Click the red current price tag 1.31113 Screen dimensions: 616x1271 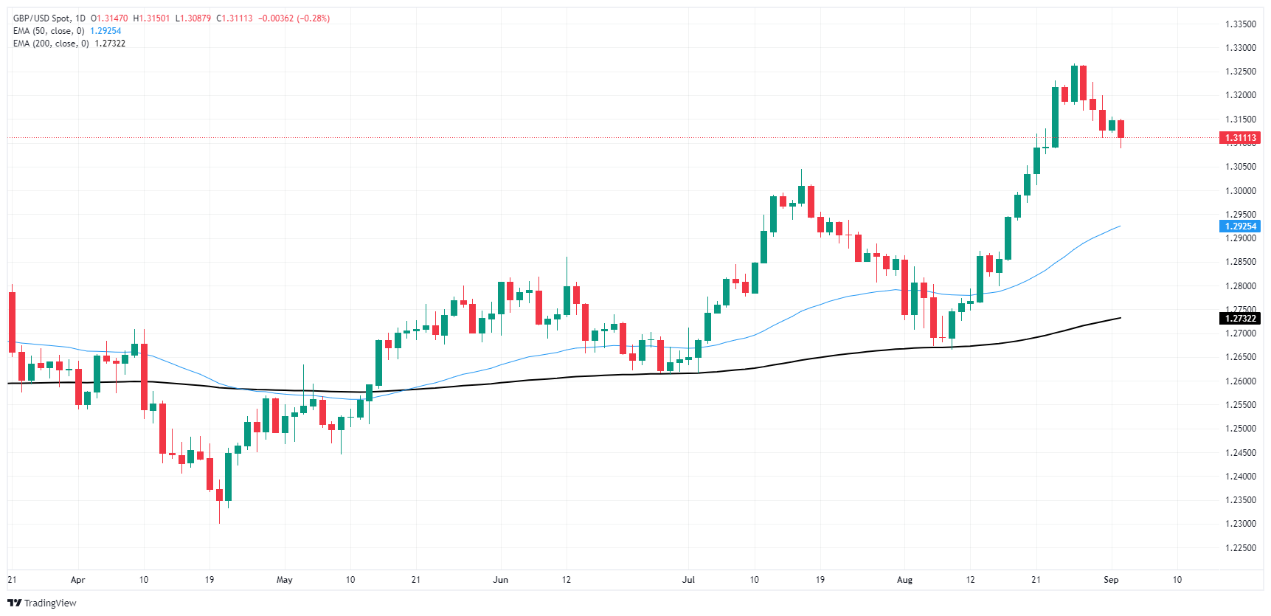click(x=1240, y=138)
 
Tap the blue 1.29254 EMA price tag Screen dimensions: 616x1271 click(x=1240, y=226)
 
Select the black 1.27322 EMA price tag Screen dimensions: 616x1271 click(x=1240, y=319)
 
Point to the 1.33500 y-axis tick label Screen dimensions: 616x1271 click(x=1240, y=24)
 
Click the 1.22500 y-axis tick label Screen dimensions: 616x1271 click(x=1240, y=547)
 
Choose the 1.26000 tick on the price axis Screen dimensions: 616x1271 click(x=1240, y=381)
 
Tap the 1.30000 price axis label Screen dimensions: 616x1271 click(x=1240, y=190)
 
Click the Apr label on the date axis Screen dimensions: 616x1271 click(x=77, y=580)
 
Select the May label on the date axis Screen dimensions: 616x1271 click(x=284, y=580)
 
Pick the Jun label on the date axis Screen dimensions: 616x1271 click(x=500, y=580)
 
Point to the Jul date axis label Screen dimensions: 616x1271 click(x=688, y=580)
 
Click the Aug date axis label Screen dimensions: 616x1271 click(x=904, y=580)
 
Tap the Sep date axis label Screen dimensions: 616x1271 click(x=1111, y=580)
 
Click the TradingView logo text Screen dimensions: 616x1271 click(x=49, y=603)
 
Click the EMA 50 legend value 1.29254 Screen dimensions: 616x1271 click(x=105, y=31)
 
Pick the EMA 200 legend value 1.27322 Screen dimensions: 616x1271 click(x=110, y=44)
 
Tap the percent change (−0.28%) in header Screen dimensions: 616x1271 click(x=313, y=18)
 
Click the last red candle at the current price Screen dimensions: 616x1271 click(x=1121, y=129)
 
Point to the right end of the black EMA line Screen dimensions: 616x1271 click(x=1120, y=318)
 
